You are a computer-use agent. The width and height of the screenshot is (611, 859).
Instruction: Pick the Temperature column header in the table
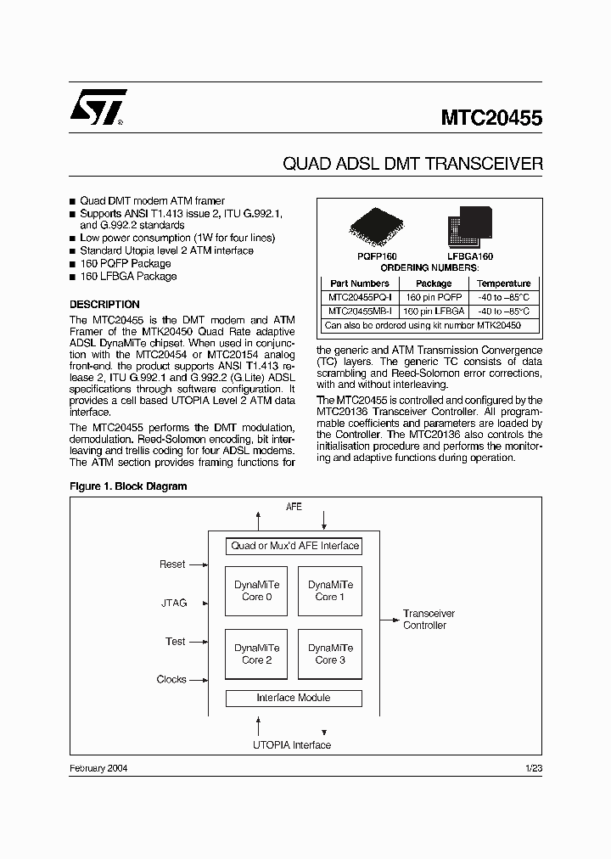click(503, 284)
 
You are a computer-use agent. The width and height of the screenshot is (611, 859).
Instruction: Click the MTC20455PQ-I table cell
click(360, 297)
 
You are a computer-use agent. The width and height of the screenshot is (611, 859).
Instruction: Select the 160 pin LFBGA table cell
click(434, 311)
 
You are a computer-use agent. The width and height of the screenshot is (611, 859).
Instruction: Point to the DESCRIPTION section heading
click(104, 304)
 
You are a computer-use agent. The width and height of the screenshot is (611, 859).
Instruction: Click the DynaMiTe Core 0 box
click(256, 591)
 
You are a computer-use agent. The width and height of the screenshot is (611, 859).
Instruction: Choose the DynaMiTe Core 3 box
click(330, 654)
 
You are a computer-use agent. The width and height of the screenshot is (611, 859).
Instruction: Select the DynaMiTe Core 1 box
click(330, 591)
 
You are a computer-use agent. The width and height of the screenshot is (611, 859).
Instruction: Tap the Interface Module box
click(294, 698)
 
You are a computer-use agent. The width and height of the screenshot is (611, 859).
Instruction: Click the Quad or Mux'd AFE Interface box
click(294, 546)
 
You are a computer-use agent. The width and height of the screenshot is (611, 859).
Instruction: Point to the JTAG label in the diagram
click(174, 604)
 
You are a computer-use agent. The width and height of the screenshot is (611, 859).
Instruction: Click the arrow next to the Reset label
click(199, 564)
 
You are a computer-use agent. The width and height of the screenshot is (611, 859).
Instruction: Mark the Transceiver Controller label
click(429, 620)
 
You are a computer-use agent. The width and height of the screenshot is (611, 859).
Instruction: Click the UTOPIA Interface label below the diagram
click(292, 745)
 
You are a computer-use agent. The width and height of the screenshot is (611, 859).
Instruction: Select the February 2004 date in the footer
click(98, 767)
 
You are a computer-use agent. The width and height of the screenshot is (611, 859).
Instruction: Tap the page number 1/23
click(534, 767)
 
